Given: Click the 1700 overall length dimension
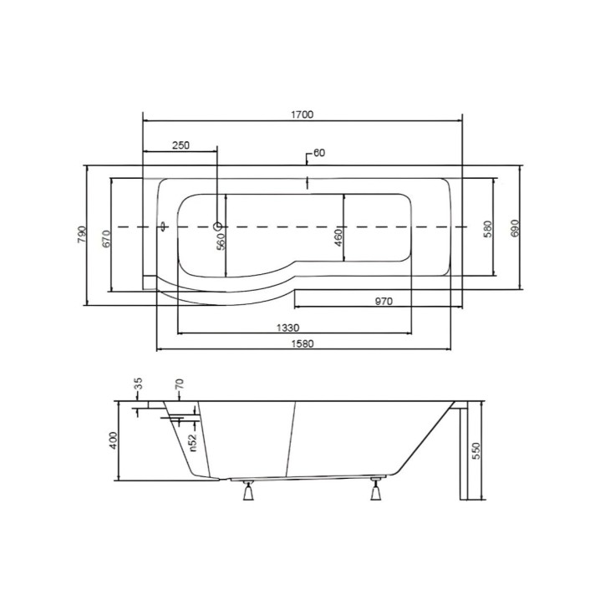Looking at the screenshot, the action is [302, 114].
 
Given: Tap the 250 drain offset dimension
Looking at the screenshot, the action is [180, 145].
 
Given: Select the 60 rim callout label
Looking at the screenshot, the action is [319, 153].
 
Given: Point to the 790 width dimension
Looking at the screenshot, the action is [82, 234].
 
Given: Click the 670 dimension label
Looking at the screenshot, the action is [106, 239].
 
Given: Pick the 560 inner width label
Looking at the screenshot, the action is [221, 242].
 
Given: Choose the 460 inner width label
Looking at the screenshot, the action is [338, 238].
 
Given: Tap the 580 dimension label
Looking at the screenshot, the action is [488, 229].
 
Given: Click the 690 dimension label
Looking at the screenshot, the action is [516, 228].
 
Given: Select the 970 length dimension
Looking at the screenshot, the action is [384, 301].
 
